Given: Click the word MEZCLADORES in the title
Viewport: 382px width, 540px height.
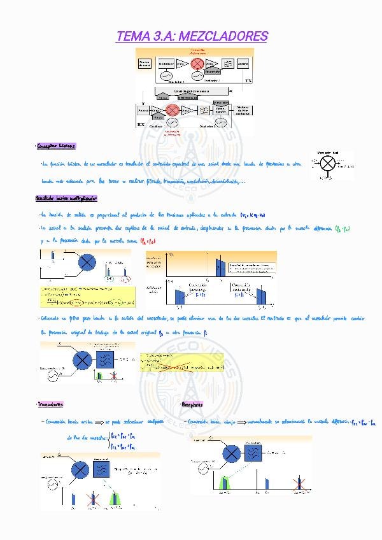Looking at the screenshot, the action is click(x=224, y=36).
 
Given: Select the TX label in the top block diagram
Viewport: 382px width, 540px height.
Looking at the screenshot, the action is click(x=248, y=82).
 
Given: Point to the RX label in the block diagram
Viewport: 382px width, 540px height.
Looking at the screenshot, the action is click(x=142, y=124).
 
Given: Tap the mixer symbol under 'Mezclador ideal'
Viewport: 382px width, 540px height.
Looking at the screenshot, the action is click(x=328, y=162).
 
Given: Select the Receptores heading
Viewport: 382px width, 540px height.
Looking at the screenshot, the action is click(x=192, y=404).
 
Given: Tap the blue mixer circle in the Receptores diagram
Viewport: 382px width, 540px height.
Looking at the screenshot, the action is click(x=232, y=453).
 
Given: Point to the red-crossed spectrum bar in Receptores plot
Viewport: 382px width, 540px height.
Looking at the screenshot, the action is click(x=299, y=484).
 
